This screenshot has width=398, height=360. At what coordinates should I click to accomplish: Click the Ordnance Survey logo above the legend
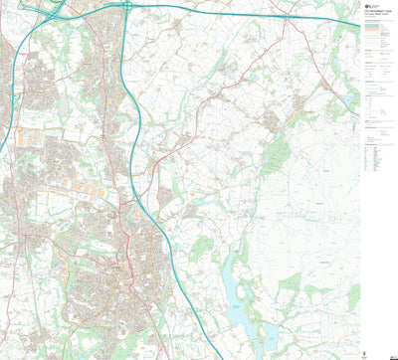369,6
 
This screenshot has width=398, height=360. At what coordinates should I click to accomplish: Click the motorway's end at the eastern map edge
358,26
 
